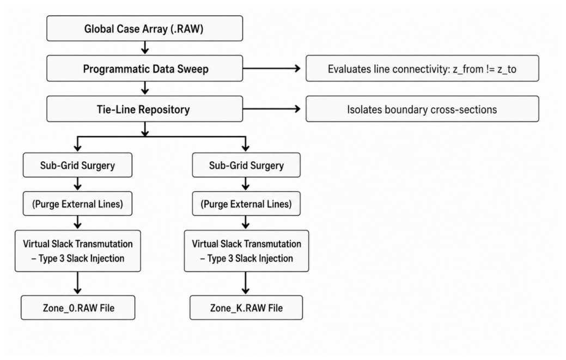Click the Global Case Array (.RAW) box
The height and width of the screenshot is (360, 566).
144,28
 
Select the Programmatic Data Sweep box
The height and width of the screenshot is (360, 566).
144,69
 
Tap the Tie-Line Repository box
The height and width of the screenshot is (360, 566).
144,109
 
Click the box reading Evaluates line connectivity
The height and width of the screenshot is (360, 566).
422,69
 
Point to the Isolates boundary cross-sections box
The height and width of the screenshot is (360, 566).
422,109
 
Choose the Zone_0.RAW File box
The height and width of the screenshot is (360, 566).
78,308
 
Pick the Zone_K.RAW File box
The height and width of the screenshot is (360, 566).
246,308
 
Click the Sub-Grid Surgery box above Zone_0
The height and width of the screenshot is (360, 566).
77,165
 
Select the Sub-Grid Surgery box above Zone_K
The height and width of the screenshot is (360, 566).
246,165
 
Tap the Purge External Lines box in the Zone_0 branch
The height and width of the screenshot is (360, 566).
77,204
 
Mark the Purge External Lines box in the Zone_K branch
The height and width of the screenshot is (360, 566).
246,204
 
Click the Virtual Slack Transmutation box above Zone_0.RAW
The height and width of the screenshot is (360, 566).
77,251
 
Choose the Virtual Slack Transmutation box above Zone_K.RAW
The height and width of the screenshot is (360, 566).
246,251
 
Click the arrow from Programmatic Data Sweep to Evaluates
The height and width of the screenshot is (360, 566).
272,68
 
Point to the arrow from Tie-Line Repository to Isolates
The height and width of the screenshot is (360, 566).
272,108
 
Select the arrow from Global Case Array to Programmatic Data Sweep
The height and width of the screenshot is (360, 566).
145,47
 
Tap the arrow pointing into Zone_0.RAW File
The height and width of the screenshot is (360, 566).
77,283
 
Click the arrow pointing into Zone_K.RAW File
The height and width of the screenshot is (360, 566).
246,283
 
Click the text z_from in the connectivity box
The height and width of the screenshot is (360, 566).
468,69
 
